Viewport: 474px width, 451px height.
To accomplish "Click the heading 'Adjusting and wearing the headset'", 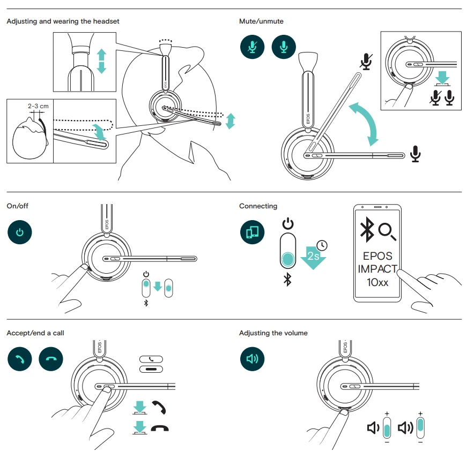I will tap(63, 21).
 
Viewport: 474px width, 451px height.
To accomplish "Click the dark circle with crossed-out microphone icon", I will tap(252, 47).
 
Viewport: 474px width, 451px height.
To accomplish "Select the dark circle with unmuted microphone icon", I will tap(284, 47).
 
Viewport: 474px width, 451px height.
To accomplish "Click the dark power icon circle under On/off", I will tap(20, 232).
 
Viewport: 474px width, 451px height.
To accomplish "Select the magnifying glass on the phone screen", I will tap(387, 231).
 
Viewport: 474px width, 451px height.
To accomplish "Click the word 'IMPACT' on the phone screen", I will tap(378, 269).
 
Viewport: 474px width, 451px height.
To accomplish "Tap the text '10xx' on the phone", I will tap(377, 282).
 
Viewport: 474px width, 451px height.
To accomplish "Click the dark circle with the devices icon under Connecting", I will tap(252, 232).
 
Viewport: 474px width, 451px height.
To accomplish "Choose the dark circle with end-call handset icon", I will tap(51, 359).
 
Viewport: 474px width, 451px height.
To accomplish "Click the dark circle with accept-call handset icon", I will tap(20, 359).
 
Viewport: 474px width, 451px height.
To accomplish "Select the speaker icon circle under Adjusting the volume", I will tap(252, 359).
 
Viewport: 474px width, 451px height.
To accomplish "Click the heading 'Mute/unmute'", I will tap(261, 21).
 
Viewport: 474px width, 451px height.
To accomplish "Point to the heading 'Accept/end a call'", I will tap(35, 333).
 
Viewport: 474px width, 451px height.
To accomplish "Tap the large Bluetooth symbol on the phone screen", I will tap(367, 230).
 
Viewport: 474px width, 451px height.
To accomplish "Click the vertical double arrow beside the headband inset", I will tap(101, 61).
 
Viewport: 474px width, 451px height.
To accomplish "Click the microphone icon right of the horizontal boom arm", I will tap(415, 154).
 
